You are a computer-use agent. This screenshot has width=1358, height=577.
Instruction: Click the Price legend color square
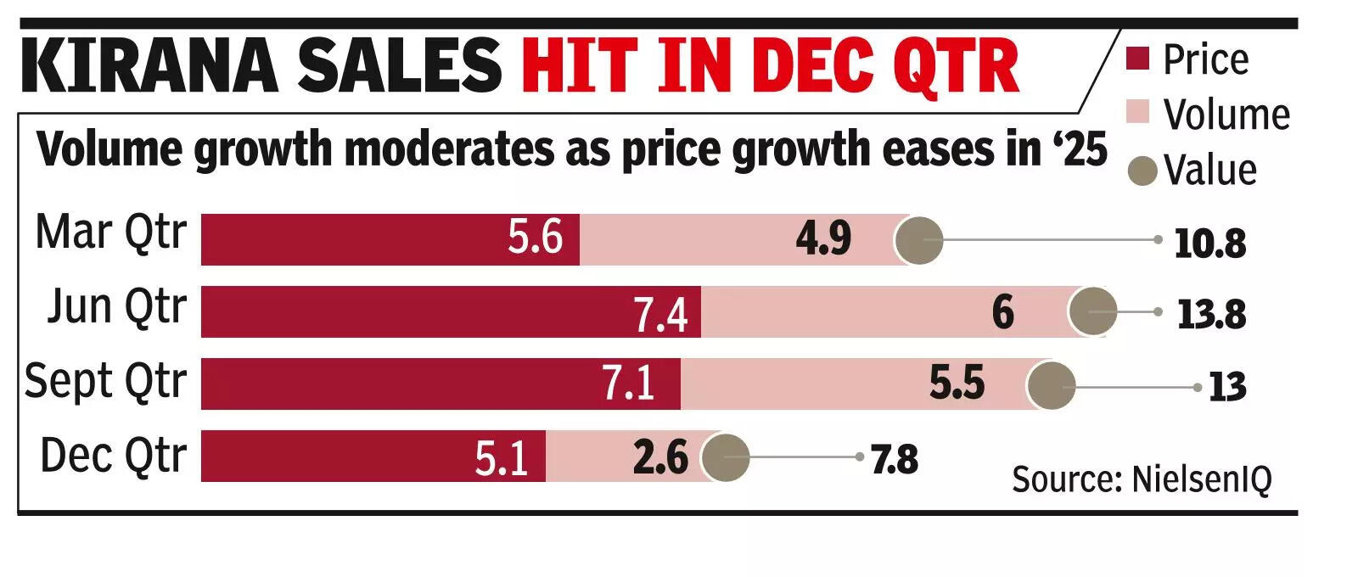point(1137,59)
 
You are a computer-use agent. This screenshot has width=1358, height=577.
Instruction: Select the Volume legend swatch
point(1137,113)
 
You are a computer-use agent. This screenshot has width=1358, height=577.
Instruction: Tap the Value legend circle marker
point(1142,171)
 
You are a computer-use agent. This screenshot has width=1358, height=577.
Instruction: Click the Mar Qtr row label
point(110,232)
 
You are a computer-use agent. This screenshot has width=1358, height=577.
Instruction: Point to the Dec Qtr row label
point(113,456)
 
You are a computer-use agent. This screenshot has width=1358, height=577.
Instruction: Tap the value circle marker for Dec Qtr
point(725,457)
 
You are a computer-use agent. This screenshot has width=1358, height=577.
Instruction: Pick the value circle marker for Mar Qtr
point(919,240)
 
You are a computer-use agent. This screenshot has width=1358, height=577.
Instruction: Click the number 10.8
point(1209,244)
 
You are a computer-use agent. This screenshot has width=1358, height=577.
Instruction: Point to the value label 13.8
point(1211,315)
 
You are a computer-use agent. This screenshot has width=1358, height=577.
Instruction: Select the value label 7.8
point(895,459)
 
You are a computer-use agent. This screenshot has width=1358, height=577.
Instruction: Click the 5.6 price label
point(535,237)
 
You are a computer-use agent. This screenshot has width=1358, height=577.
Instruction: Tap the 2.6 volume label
point(659,457)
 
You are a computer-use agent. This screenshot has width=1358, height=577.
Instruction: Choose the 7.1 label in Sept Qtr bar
point(628,384)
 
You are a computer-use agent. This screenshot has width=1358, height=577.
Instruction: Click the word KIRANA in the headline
point(149,65)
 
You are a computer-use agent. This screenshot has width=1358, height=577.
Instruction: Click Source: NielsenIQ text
point(1142,479)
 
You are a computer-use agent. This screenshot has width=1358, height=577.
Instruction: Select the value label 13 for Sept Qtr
point(1227,388)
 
